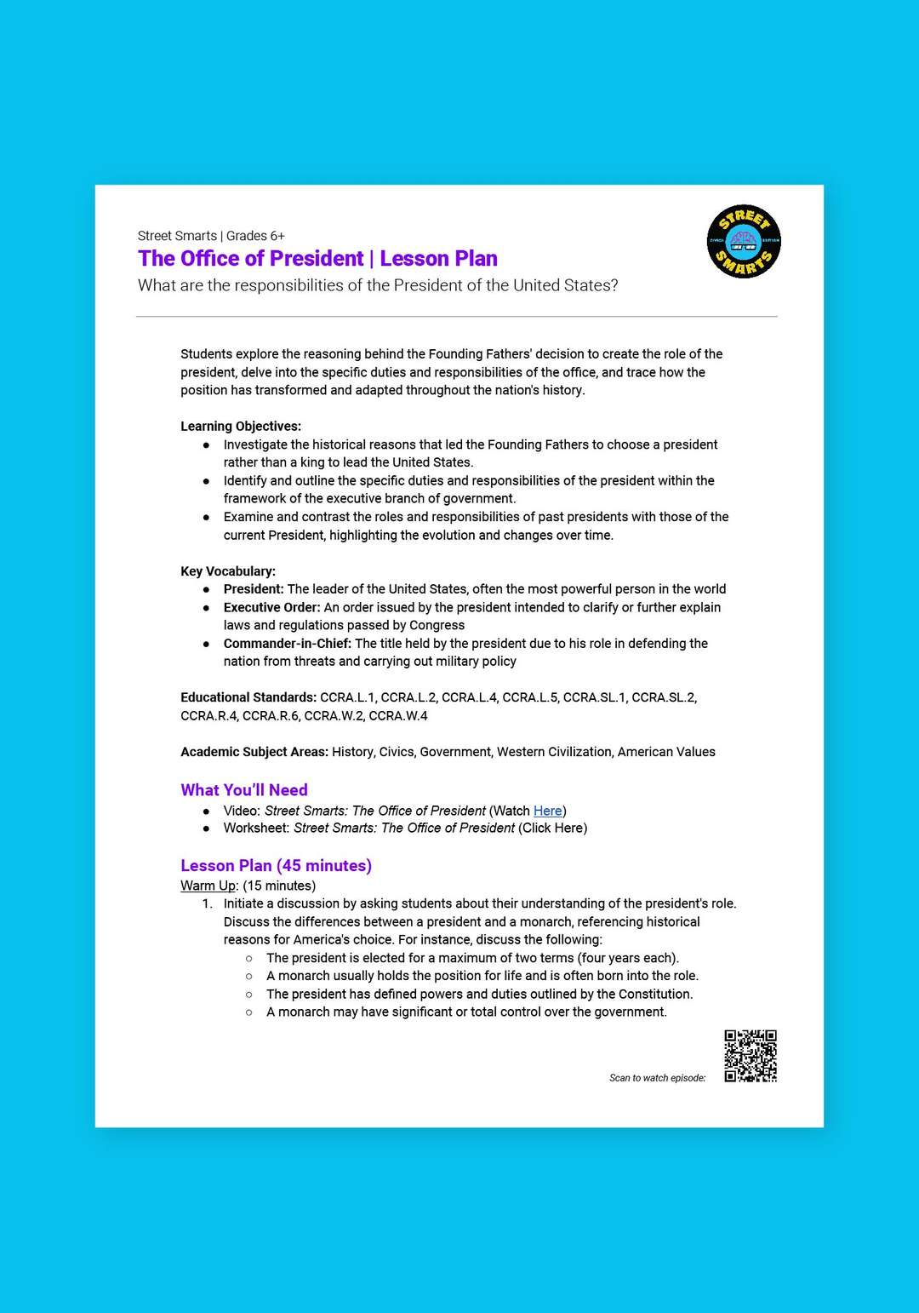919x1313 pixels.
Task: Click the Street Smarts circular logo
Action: [x=744, y=242]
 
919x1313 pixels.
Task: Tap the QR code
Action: [x=751, y=1056]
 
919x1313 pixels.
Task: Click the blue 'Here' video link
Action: [x=547, y=811]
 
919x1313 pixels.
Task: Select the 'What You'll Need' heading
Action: [x=244, y=790]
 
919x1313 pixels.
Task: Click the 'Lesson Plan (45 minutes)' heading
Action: [x=276, y=866]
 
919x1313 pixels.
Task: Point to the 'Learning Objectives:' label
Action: [x=241, y=426]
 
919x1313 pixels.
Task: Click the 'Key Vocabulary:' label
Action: [x=228, y=571]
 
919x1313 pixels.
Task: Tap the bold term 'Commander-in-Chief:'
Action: [x=288, y=644]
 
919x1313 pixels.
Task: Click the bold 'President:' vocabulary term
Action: [x=254, y=589]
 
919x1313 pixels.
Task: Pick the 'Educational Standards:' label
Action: [x=248, y=697]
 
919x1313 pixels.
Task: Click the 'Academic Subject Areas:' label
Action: [x=254, y=752]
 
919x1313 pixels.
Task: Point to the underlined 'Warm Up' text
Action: [x=208, y=886]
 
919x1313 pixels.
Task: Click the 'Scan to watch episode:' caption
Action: [x=658, y=1078]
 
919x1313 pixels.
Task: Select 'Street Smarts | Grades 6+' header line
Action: [x=211, y=236]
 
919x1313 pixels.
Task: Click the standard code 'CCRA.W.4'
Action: [x=398, y=716]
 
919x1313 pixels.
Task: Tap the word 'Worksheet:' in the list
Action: [x=256, y=828]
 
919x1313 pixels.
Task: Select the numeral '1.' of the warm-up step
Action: [x=208, y=903]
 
